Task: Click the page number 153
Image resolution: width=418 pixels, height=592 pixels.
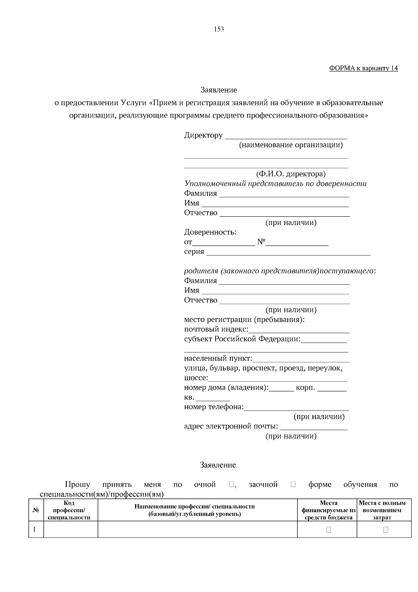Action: pos(219,29)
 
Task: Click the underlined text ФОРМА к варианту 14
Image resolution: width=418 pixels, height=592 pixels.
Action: pos(363,68)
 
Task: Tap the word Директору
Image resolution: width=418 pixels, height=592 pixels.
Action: pos(203,135)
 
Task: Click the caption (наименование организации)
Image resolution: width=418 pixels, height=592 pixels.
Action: pos(291,145)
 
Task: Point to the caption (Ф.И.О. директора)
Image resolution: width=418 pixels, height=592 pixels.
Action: pos(291,174)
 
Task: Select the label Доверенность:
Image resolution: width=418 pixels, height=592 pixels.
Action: pos(210,232)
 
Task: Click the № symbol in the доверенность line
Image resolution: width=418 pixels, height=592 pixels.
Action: pos(261,242)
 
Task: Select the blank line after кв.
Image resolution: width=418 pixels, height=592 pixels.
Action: pos(213,400)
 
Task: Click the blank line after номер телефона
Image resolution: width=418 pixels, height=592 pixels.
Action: pos(296,410)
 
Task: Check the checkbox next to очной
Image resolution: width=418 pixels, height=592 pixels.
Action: pos(232,484)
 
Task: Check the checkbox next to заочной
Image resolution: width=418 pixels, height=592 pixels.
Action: pos(293,484)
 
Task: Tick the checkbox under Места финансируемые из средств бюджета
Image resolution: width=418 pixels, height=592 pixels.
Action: pos(328,530)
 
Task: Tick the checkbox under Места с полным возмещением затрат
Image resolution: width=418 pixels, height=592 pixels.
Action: pos(386,530)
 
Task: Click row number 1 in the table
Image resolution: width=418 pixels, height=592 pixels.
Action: pos(35,530)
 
